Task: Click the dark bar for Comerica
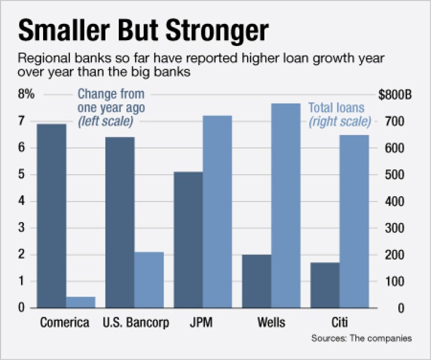pyautogui.click(x=51, y=216)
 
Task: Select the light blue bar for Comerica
pyautogui.click(x=80, y=302)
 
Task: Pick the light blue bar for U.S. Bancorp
pyautogui.click(x=149, y=280)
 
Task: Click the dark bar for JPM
pyautogui.click(x=188, y=239)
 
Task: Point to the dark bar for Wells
pyautogui.click(x=257, y=281)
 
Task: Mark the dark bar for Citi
pyautogui.click(x=325, y=285)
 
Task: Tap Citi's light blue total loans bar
pyautogui.click(x=354, y=221)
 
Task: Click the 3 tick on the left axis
pyautogui.click(x=22, y=228)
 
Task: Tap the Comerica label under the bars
pyautogui.click(x=65, y=323)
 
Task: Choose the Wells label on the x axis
pyautogui.click(x=271, y=323)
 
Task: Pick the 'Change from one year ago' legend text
pyautogui.click(x=111, y=101)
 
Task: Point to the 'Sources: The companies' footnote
pyautogui.click(x=361, y=338)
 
